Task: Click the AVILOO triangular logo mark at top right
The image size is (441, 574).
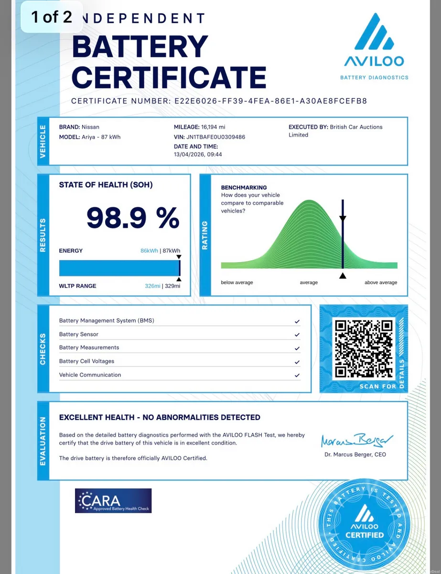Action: pos(374,33)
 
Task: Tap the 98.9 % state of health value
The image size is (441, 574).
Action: pos(132,218)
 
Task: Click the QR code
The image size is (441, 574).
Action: pos(364,348)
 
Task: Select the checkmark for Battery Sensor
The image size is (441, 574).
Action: pos(297,335)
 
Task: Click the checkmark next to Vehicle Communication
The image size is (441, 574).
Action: pos(297,375)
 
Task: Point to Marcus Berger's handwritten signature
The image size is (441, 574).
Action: pos(356,440)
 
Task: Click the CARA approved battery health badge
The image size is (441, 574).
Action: pos(113,500)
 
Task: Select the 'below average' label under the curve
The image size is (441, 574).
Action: pos(237,283)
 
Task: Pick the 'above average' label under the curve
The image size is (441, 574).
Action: pos(381,283)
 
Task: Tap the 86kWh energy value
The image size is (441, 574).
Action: pos(149,251)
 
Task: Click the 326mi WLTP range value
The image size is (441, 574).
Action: pos(152,286)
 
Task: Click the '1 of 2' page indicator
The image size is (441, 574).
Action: pos(52,17)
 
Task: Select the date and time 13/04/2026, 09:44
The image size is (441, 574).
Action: pos(198,155)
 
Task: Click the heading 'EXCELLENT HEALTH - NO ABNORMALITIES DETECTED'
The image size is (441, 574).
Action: pos(160,418)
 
